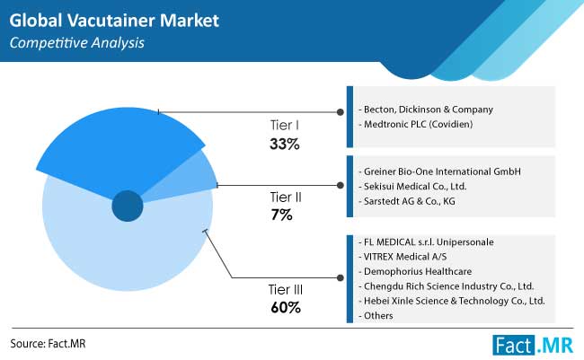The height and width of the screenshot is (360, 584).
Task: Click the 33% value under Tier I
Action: point(285,144)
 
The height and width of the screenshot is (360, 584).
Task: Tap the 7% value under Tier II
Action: point(282,215)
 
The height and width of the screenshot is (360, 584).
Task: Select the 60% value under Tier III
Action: point(286,308)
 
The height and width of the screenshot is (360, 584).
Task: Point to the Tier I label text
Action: point(285,125)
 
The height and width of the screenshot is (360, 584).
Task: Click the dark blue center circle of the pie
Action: point(128,206)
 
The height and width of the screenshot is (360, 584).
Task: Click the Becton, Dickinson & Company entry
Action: point(426,110)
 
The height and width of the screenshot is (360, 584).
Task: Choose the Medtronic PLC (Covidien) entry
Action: point(416,124)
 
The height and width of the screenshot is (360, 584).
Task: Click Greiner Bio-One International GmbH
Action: point(439,171)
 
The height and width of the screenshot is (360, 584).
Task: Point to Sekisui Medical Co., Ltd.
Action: point(412,186)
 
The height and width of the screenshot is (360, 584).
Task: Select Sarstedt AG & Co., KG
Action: point(407,201)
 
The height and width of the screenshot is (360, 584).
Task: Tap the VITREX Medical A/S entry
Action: point(403,257)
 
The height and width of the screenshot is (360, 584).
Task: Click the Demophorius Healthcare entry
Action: point(415,271)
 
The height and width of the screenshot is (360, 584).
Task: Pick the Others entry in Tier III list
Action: point(376,315)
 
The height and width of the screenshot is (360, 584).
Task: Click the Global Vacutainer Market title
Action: point(114,21)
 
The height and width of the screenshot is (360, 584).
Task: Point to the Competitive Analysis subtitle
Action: point(77,43)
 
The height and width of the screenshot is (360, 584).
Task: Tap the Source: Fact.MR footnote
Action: point(48,343)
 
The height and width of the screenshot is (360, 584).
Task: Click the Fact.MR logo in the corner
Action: point(533,345)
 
